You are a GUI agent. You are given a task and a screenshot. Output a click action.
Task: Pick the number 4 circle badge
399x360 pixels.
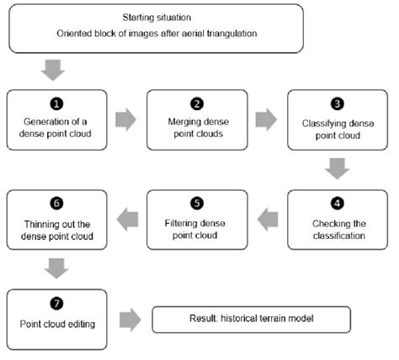(x=337, y=204)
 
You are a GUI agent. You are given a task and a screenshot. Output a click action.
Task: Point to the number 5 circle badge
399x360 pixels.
(x=196, y=204)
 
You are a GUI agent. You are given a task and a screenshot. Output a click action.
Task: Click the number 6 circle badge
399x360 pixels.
(x=56, y=204)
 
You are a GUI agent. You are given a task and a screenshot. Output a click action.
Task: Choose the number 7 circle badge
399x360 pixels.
(x=56, y=303)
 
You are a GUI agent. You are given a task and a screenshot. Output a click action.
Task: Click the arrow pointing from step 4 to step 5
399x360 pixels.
(x=266, y=220)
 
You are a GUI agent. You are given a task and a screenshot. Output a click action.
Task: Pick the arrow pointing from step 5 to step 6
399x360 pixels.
(x=125, y=220)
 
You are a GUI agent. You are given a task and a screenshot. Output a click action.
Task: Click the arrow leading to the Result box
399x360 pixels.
(x=129, y=320)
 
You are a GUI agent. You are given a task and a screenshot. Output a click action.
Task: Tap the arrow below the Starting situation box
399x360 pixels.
(x=53, y=68)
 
